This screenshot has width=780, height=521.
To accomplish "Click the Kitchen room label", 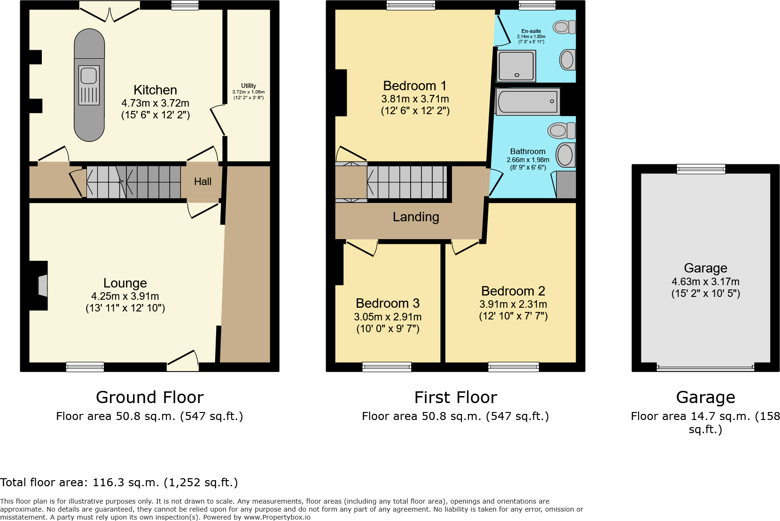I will point(155,90).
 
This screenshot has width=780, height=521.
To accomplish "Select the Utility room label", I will point(249,86).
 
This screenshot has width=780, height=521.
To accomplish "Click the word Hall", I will point(203,182).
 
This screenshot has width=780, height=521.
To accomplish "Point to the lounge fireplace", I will point(40,286).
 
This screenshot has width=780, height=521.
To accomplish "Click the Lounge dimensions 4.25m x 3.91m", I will point(125,296).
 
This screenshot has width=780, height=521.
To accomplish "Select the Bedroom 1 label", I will point(414,86).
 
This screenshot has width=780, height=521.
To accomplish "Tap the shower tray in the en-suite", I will point(516,66).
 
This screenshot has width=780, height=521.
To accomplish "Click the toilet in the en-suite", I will point(563,27).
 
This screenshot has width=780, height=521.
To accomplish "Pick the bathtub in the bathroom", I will point(527,101).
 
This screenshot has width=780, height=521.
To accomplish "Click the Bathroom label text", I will point(528,152).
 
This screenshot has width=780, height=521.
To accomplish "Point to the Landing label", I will point(416,217).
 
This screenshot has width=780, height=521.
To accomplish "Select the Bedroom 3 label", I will point(388,303).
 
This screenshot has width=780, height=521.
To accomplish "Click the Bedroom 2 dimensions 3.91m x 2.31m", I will point(513,304).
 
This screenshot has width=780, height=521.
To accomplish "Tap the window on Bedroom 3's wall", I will point(387,367).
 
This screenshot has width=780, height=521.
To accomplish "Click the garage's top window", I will point(701,169).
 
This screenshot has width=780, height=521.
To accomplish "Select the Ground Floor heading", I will point(149,397).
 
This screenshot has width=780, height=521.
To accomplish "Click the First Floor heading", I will point(455,397).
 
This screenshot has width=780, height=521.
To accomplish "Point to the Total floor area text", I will point(119,482).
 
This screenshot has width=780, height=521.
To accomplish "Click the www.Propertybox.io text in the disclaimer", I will point(277,517).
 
